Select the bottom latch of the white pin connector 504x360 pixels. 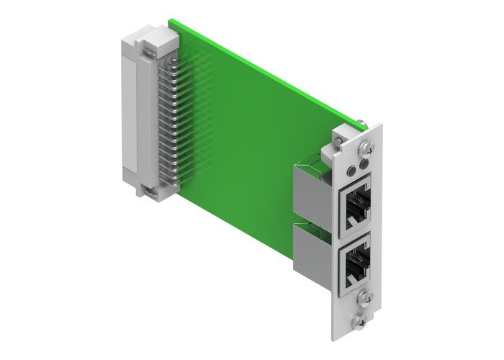[149, 192]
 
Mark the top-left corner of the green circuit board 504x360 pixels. [170, 20]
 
